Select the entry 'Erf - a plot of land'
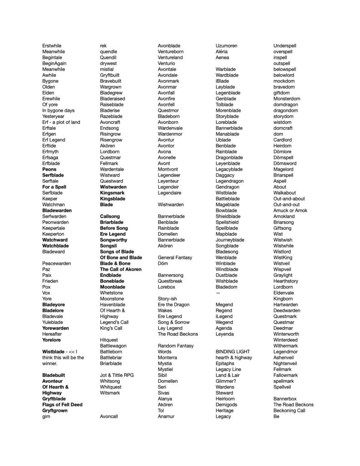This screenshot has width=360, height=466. point(61,122)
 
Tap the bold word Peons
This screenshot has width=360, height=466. point(49,169)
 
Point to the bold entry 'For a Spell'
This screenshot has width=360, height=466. point(54,187)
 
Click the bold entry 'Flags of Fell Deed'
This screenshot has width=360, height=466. point(62,405)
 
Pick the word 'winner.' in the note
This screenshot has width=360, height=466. point(50,364)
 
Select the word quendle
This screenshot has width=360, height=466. point(108,52)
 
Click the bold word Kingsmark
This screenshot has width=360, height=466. point(112,193)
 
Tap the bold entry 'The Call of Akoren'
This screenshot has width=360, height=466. point(121,269)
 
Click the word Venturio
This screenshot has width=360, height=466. point(167,64)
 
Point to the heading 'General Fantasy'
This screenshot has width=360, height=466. point(175,258)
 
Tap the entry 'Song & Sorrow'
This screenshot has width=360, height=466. point(174,322)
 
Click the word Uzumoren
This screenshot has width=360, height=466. point(226,46)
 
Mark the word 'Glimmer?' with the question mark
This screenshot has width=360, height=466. point(226,381)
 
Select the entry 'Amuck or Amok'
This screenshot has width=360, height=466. point(290,211)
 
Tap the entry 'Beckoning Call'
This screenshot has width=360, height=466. point(289,410)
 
